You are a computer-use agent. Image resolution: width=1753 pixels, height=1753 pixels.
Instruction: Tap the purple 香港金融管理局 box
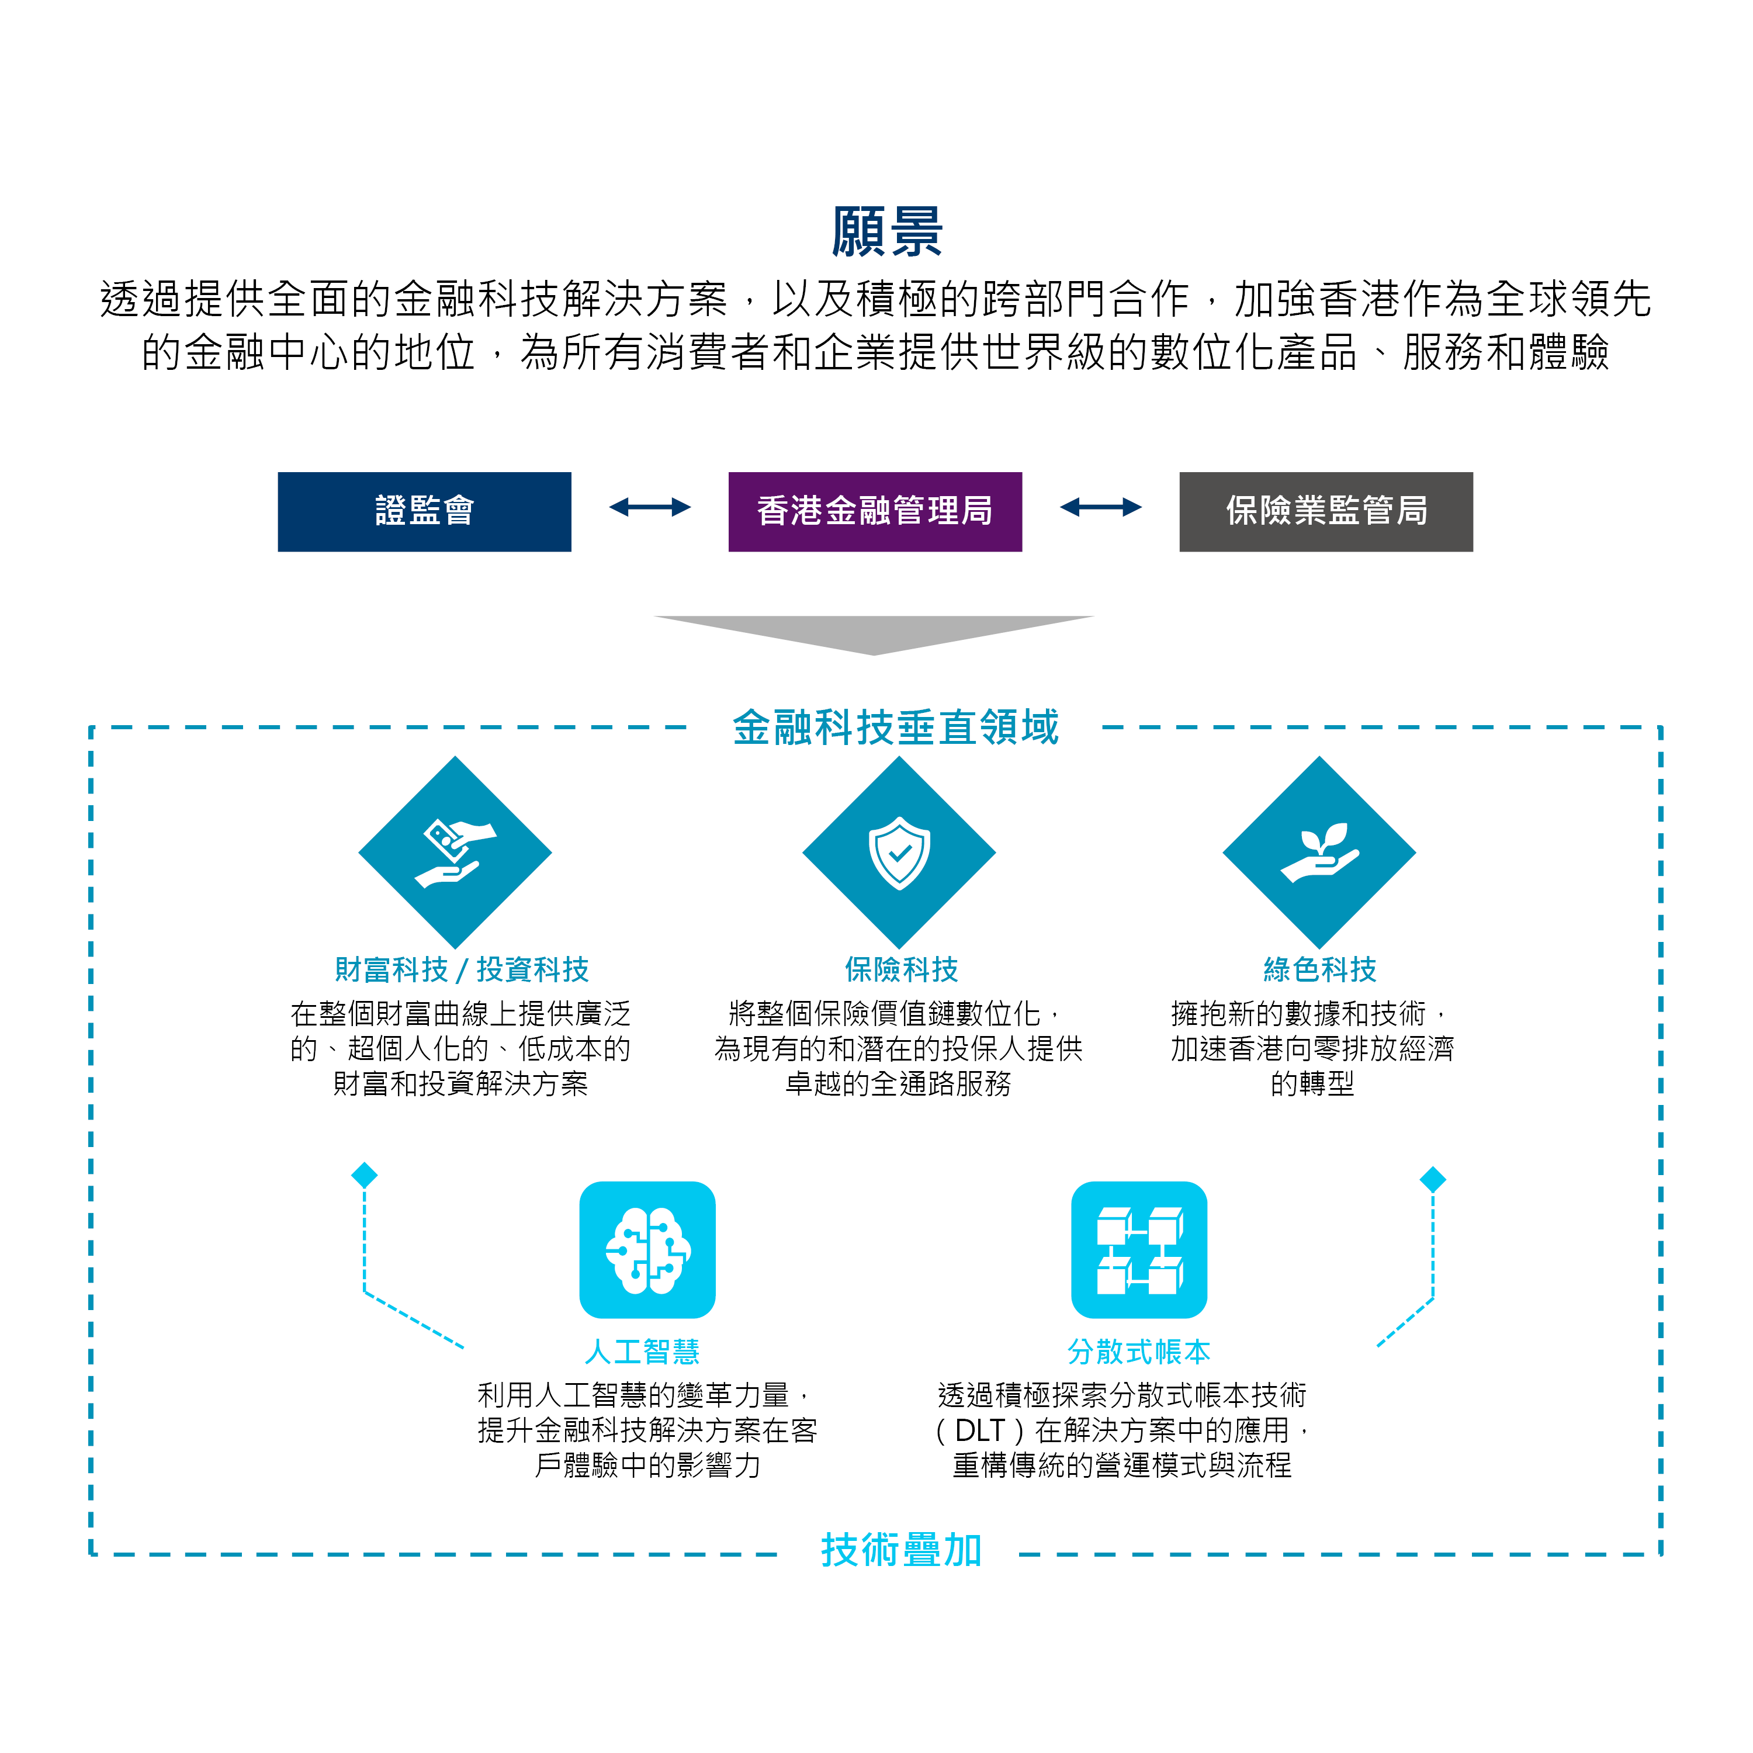875,512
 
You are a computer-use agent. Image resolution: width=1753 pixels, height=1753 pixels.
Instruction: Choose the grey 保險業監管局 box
1326,512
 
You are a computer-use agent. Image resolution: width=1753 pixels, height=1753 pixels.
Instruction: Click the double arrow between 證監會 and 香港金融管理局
650,507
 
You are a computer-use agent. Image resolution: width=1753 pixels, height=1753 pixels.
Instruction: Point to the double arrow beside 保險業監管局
1101,507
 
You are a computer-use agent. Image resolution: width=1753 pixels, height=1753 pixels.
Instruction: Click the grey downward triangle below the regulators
874,634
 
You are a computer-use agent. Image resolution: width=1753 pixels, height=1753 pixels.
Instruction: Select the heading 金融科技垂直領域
896,727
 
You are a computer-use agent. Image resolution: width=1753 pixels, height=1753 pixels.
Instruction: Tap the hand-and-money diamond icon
456,853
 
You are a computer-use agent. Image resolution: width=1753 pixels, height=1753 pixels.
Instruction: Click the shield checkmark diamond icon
899,853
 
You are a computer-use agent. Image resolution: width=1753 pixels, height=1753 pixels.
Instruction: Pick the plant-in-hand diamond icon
1319,853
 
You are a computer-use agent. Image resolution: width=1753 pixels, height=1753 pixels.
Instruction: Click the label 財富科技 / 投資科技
462,970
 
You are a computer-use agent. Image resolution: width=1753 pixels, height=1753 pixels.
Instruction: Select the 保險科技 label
901,970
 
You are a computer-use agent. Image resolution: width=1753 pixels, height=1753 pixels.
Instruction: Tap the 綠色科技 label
1320,970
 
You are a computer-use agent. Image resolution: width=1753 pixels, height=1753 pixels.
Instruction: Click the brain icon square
648,1249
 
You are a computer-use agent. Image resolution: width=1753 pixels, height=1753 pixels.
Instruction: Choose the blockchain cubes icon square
1139,1249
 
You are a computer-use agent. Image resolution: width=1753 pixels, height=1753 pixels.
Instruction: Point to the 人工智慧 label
642,1352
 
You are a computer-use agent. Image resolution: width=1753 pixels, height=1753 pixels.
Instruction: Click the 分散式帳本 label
1139,1352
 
